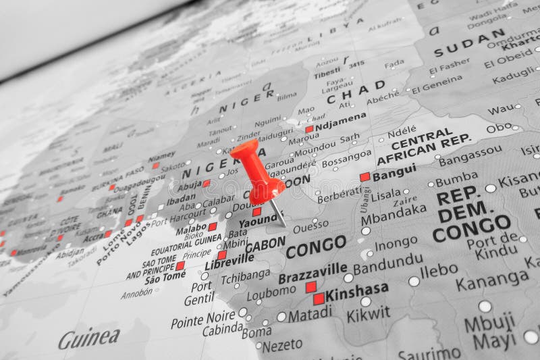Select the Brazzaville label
[x=313, y=272]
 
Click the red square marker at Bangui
[x=365, y=177]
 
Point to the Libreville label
[x=230, y=259]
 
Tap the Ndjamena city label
[x=340, y=122]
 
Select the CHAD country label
[x=356, y=93]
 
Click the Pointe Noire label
[x=202, y=319]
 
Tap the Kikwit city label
[x=368, y=314]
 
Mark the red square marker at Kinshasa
[x=319, y=299]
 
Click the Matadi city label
[x=310, y=314]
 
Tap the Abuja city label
[x=190, y=184]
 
